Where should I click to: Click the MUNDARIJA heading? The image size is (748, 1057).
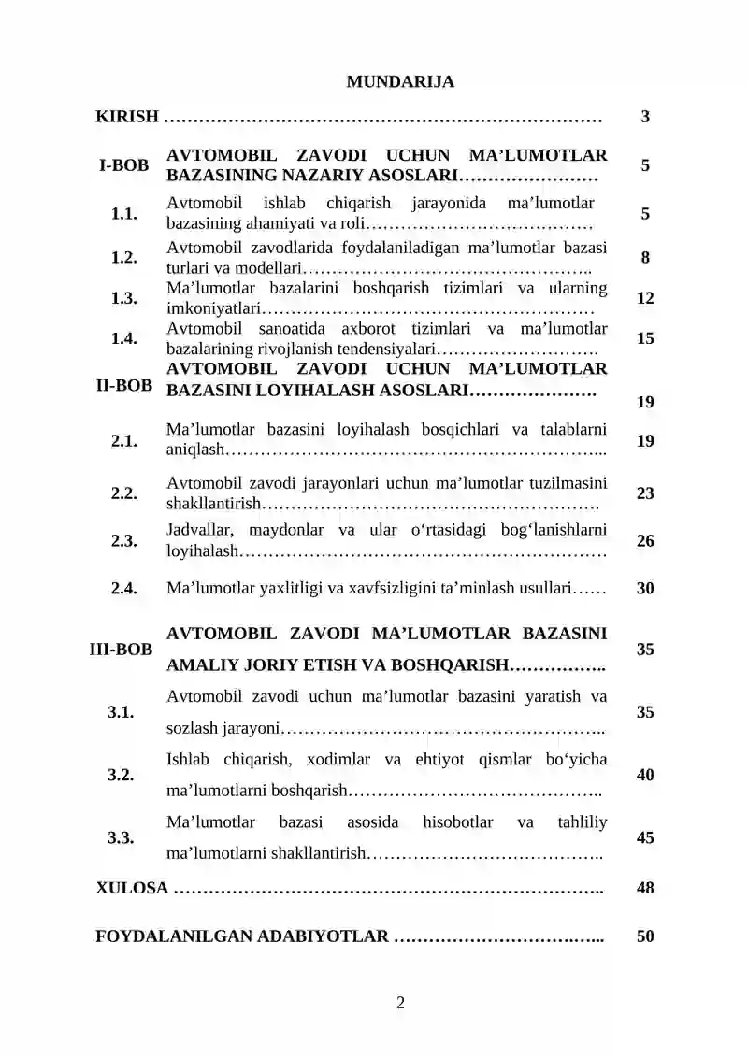point(400,82)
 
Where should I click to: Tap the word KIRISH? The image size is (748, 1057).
point(127,118)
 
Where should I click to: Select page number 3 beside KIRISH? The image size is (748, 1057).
point(645,118)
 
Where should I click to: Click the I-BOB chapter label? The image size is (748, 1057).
point(124,166)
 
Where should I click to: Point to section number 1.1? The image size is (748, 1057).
point(124,214)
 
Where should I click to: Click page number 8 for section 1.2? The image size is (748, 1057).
point(645,258)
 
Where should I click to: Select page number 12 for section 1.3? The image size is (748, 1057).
point(645,299)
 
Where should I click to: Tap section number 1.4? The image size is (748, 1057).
point(124,339)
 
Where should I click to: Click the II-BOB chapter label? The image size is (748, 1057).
point(124,385)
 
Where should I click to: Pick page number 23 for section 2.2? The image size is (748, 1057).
point(645,493)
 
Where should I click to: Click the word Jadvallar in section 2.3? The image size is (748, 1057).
point(199,531)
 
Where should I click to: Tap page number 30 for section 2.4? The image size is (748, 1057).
point(645,589)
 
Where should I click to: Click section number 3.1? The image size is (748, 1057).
point(119,712)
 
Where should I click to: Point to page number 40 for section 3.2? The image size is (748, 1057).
point(645,775)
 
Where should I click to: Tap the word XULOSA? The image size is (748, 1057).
point(132,888)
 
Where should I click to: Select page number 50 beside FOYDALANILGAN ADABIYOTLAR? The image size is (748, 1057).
point(645,936)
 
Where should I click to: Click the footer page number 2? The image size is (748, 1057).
point(400,1005)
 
